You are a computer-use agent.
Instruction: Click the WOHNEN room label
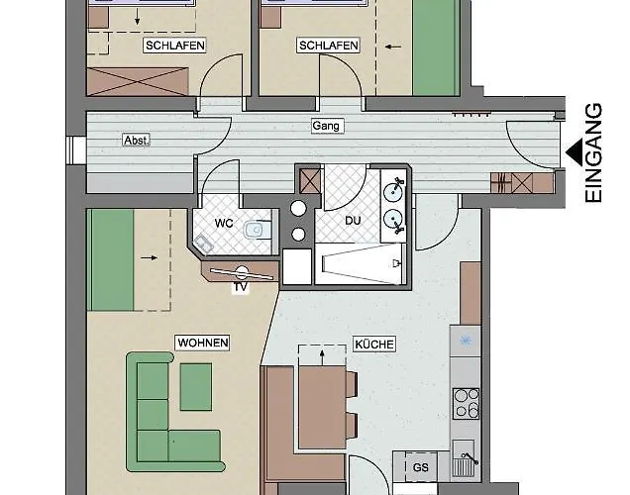click(x=203, y=343)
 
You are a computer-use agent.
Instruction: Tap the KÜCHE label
click(x=374, y=345)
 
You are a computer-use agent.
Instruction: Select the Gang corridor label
click(x=326, y=126)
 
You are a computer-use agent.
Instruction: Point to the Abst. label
click(x=137, y=141)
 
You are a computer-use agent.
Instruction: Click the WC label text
click(x=224, y=223)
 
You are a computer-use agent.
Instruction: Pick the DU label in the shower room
click(x=353, y=221)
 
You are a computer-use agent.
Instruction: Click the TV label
click(x=241, y=287)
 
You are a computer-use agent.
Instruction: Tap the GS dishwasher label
click(x=421, y=467)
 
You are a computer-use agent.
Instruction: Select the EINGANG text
click(x=593, y=153)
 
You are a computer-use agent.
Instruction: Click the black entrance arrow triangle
click(x=575, y=152)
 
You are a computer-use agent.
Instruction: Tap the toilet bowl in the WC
click(x=255, y=230)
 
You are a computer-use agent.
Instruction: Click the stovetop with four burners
click(x=466, y=404)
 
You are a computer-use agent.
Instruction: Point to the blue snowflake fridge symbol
click(x=466, y=342)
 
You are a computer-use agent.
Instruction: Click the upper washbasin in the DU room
click(x=393, y=191)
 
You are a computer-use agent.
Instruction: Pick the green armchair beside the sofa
click(x=196, y=387)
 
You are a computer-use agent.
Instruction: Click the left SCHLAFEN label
click(x=174, y=46)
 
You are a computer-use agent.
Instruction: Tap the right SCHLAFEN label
click(x=329, y=46)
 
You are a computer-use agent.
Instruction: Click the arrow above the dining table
click(x=322, y=357)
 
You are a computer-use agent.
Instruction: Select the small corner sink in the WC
click(x=203, y=244)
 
